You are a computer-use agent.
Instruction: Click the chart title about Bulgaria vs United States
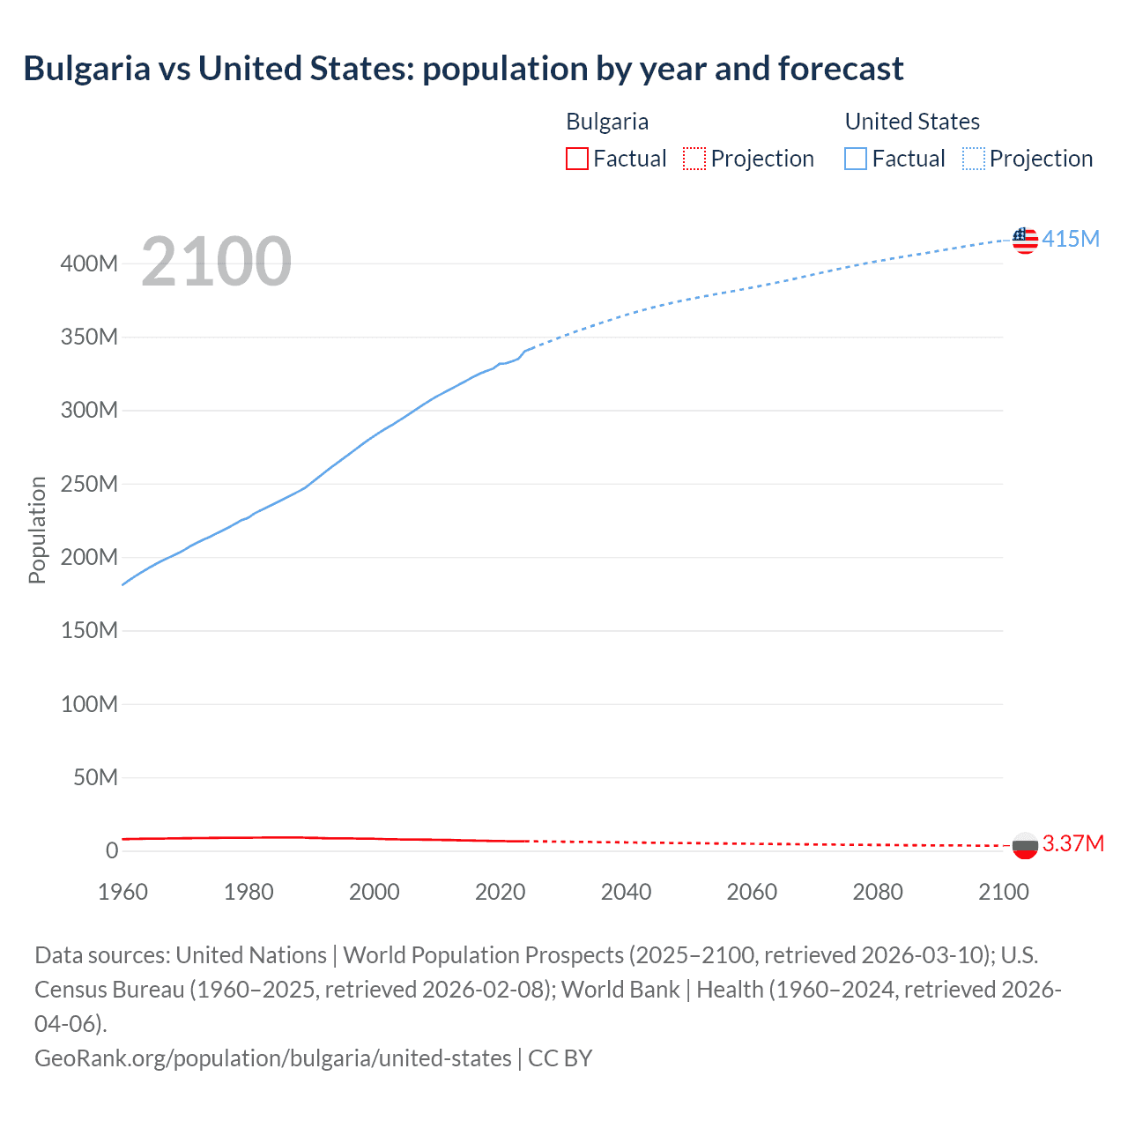(x=464, y=69)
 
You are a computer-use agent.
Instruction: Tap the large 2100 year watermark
(x=216, y=261)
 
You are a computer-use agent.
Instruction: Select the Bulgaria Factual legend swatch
(x=576, y=159)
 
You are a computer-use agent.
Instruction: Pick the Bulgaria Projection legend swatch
(x=694, y=159)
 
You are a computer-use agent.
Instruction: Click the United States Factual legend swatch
(x=856, y=159)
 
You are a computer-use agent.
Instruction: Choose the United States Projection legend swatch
(x=974, y=159)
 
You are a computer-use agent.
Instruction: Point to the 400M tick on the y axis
(x=89, y=263)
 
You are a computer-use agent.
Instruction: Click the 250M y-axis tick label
(x=89, y=484)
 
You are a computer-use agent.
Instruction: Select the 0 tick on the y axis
(x=112, y=850)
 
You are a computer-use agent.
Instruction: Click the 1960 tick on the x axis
(x=122, y=892)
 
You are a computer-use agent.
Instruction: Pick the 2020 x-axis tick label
(x=500, y=892)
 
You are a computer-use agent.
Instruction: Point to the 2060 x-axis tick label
(x=752, y=892)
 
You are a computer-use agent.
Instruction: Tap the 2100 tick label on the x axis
(x=1004, y=892)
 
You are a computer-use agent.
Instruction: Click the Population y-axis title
(x=37, y=530)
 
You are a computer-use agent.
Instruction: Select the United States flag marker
(x=1025, y=240)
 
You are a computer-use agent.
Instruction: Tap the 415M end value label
(x=1071, y=239)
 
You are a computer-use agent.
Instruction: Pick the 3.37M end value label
(x=1073, y=843)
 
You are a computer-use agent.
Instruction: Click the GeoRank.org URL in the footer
(x=273, y=1057)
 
